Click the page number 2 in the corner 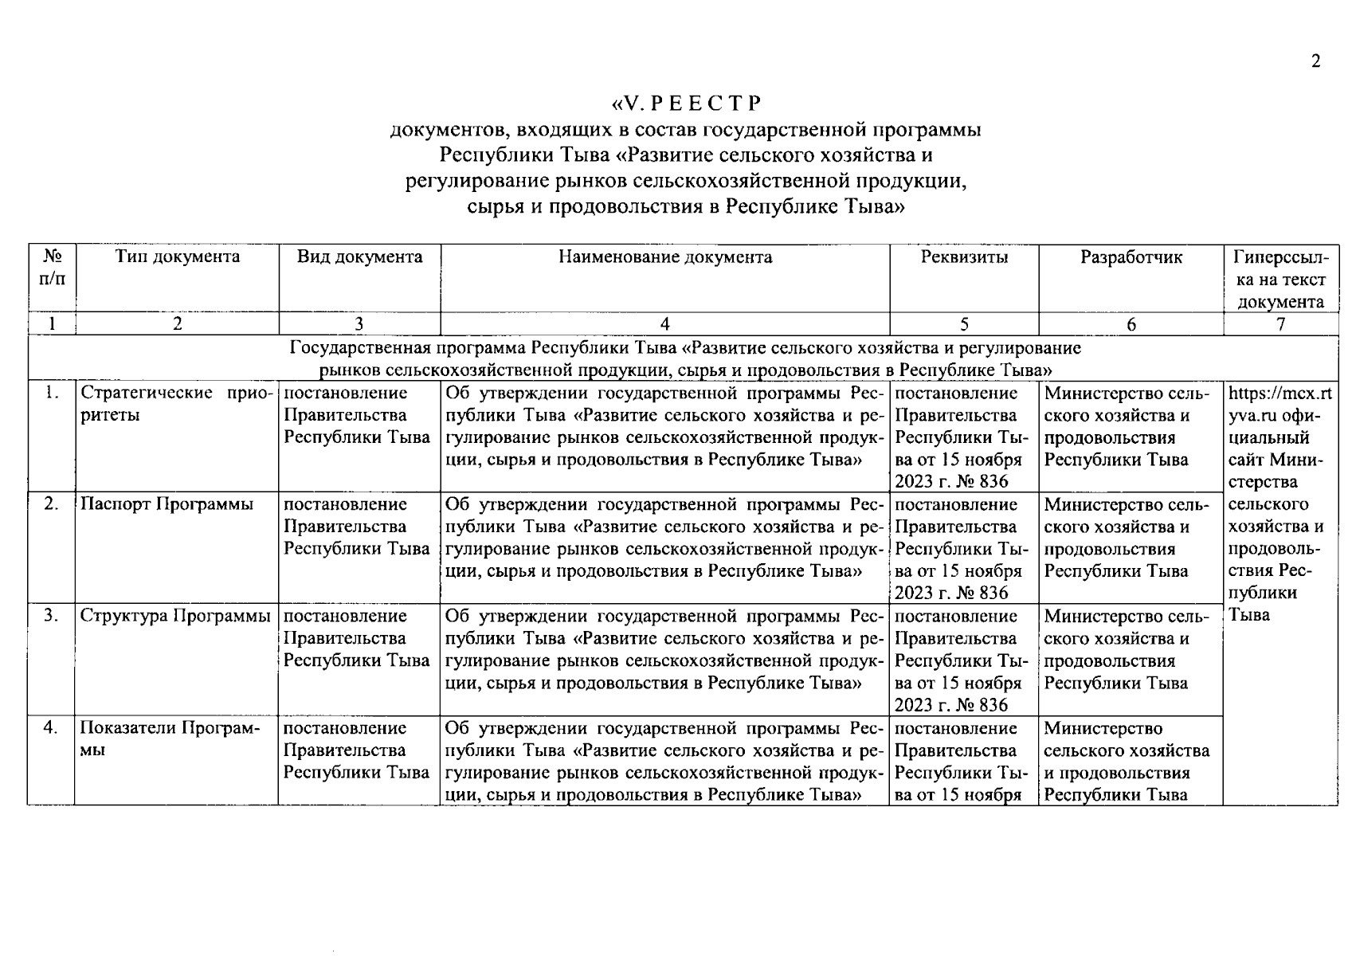click(1315, 61)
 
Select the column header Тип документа click(177, 257)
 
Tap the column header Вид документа click(359, 257)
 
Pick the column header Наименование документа click(664, 257)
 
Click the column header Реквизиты click(963, 257)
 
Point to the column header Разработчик click(1131, 257)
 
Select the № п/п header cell click(52, 268)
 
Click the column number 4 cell click(664, 323)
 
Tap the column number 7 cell click(1280, 323)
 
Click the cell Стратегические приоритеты click(177, 404)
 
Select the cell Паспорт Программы click(167, 504)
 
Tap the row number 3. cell click(51, 616)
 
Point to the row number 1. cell click(51, 393)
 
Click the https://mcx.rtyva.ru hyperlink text click(1280, 404)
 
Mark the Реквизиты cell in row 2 click(963, 548)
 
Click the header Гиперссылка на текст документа click(1281, 279)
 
